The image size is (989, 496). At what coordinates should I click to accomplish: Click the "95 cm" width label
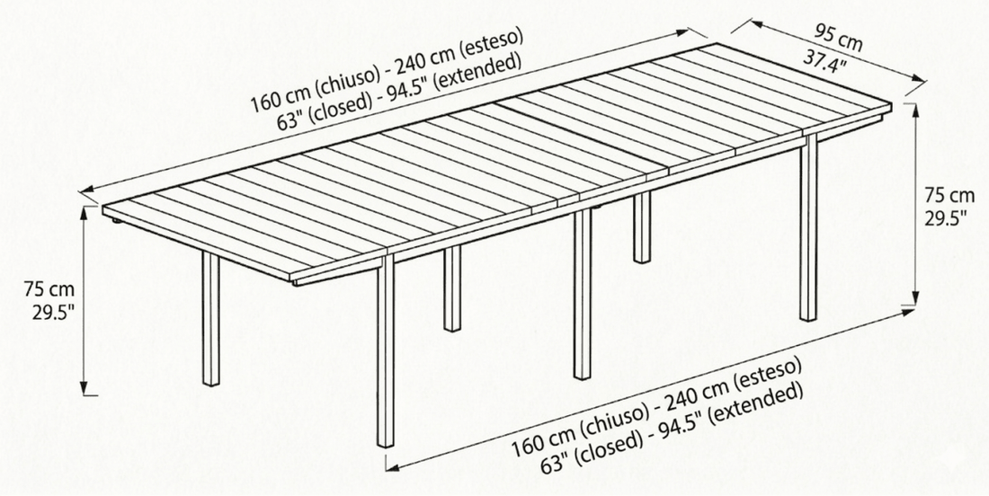[x=838, y=36]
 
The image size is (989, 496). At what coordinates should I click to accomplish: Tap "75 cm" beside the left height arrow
[x=49, y=290]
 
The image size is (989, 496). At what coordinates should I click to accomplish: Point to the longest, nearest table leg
[x=386, y=350]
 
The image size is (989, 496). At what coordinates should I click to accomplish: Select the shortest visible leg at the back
[x=642, y=227]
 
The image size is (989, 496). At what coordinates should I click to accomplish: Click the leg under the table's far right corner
[x=808, y=227]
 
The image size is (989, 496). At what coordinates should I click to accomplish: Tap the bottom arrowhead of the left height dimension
[x=85, y=387]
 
